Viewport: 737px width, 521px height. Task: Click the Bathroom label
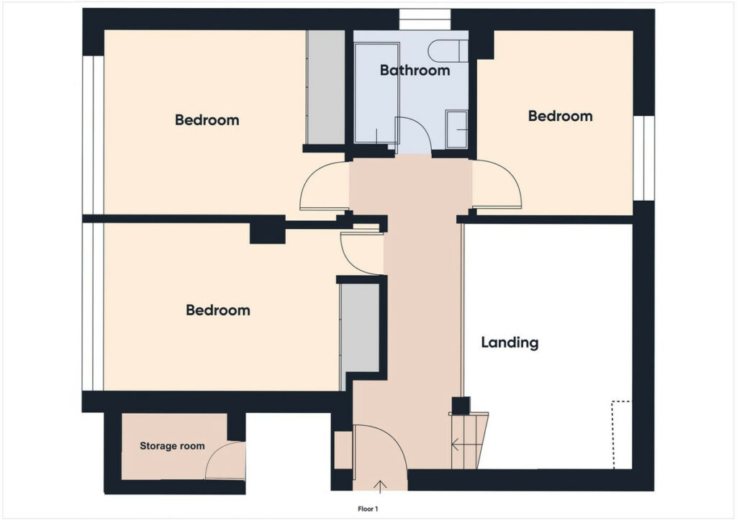[415, 71]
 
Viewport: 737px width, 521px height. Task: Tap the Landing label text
[510, 342]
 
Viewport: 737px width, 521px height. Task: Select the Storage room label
[172, 446]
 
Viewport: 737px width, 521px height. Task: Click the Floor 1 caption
[368, 509]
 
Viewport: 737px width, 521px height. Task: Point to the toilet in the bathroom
[448, 51]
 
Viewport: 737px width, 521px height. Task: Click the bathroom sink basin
[456, 130]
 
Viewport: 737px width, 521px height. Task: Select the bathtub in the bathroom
[376, 93]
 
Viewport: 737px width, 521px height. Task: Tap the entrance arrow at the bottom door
[380, 486]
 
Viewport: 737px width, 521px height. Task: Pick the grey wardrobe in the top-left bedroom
[326, 87]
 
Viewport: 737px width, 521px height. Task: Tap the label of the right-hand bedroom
[560, 116]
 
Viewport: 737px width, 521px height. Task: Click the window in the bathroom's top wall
[425, 19]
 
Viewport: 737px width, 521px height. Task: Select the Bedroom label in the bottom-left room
[217, 310]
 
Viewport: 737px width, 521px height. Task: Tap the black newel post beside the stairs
[461, 405]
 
